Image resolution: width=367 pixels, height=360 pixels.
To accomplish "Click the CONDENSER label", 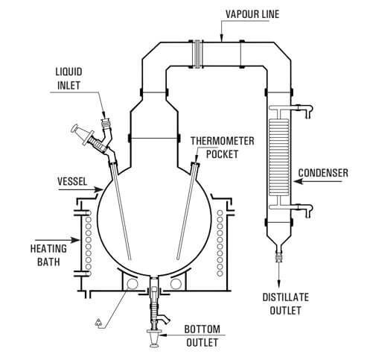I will coord(324,174).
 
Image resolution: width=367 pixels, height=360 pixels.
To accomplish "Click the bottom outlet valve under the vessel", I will coord(154,322).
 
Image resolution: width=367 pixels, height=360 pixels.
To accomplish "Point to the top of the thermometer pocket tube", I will coord(197,163).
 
